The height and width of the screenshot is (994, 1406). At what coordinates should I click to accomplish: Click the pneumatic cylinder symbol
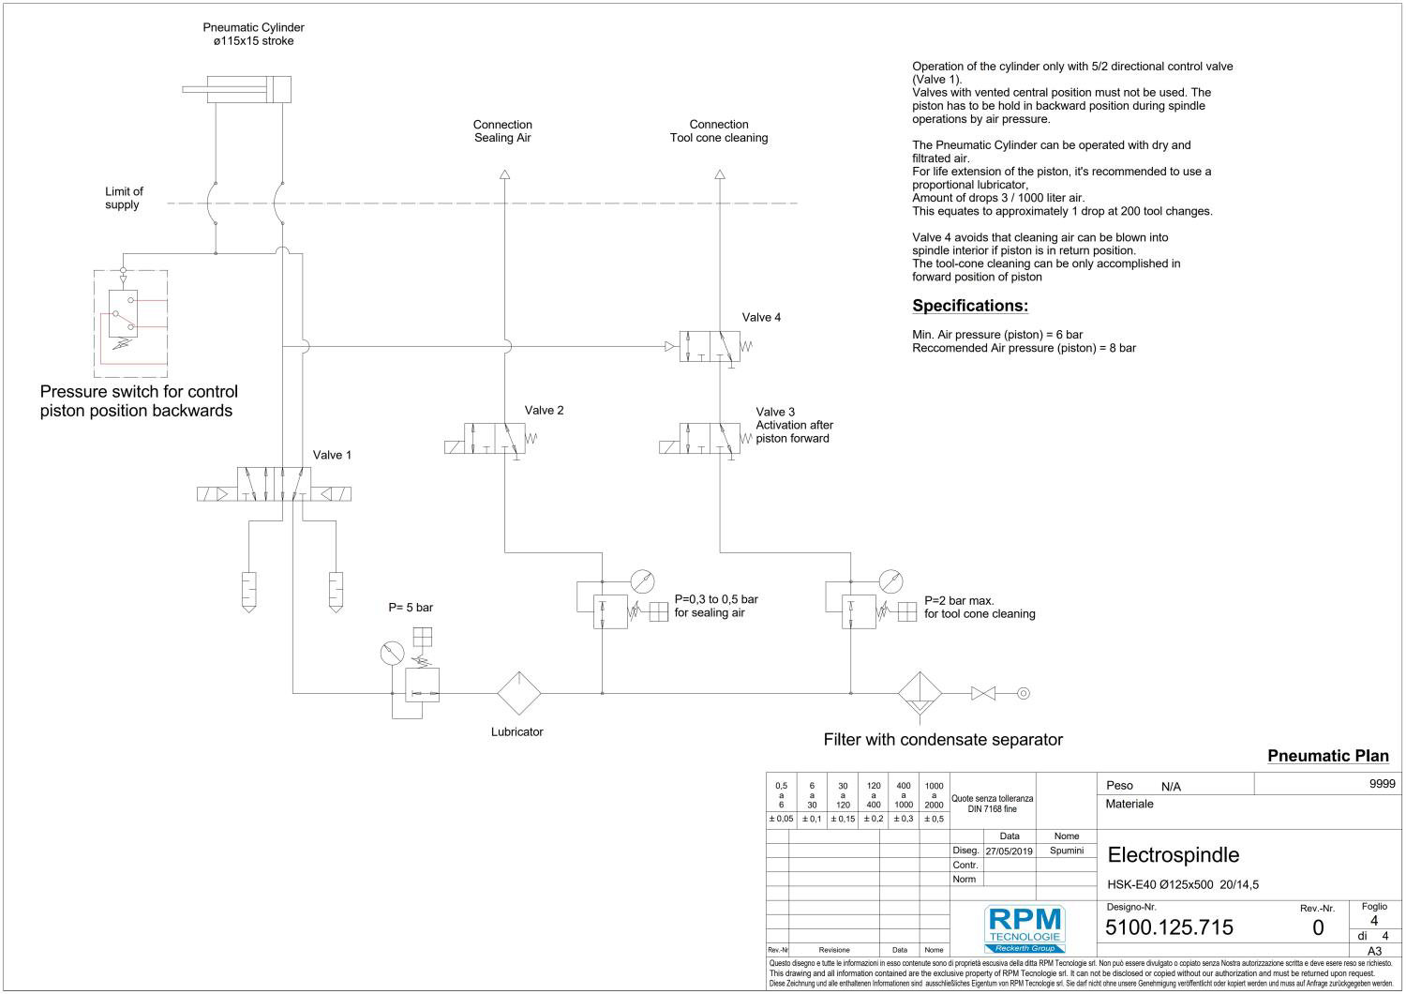[237, 90]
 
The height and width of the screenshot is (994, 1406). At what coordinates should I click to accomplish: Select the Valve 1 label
[332, 455]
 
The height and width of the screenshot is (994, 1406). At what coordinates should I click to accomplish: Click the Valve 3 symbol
[699, 439]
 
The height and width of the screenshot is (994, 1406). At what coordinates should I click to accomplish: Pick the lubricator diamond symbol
[518, 694]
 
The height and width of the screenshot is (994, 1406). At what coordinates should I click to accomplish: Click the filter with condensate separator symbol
[920, 694]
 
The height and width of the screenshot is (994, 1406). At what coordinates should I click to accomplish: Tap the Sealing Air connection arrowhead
[504, 173]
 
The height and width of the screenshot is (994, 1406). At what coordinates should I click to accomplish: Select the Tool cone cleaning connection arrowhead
[719, 173]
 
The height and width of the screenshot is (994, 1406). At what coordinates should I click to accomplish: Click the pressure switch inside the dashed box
[124, 314]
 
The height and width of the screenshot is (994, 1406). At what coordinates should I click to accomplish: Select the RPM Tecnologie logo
[1024, 928]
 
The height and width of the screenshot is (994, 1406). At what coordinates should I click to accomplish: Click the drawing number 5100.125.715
[1169, 927]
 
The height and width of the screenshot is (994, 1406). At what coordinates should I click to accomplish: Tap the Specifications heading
[970, 306]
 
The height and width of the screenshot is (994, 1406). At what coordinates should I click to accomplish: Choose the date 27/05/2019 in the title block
[1009, 851]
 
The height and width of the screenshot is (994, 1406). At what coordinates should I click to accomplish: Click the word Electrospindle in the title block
[1173, 855]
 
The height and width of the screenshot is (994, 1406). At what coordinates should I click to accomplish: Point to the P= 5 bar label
[411, 608]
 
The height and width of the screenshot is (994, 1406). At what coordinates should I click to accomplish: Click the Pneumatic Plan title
[1327, 756]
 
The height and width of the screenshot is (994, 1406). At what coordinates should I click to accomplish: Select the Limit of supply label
[124, 198]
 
